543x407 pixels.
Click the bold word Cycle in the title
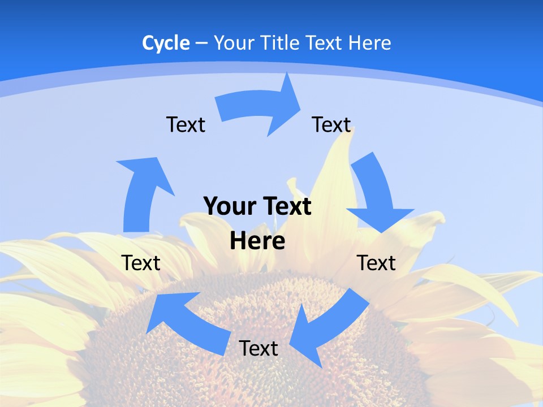pos(166,43)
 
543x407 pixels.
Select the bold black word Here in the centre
pos(257,240)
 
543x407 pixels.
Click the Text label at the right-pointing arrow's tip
pos(331,124)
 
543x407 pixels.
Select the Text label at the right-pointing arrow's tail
pos(186,124)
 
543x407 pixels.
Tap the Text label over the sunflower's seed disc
pos(258,348)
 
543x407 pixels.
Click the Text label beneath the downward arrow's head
pos(376,263)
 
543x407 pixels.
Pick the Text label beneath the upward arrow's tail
pos(141,263)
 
